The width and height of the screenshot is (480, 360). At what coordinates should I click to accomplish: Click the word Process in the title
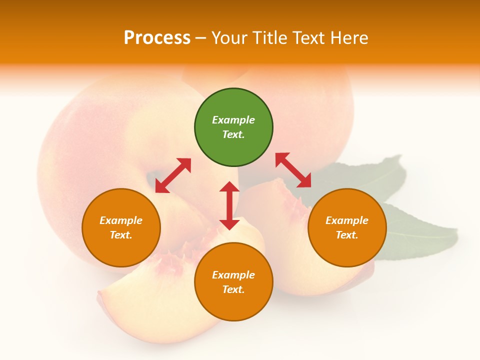click(x=157, y=38)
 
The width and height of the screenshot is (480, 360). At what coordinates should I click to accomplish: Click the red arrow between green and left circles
click(x=173, y=175)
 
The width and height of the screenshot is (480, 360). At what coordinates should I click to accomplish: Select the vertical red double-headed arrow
click(x=229, y=205)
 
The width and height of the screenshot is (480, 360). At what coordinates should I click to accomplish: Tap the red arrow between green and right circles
click(x=293, y=170)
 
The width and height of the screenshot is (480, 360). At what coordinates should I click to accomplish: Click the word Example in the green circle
click(x=233, y=120)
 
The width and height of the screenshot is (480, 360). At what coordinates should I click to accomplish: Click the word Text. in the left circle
click(x=121, y=235)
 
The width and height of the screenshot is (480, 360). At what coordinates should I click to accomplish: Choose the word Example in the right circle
click(x=347, y=220)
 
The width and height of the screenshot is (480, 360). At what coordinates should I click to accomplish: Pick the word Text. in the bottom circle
click(x=233, y=289)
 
